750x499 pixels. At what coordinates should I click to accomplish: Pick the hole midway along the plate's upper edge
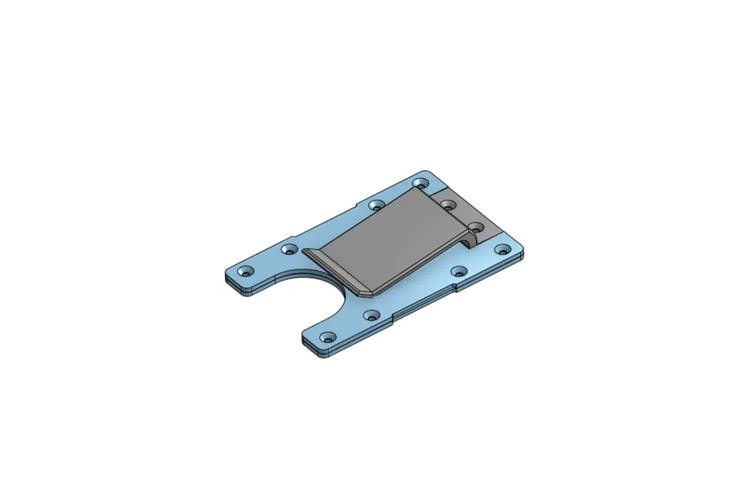coord(376,205)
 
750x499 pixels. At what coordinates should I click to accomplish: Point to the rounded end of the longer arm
coord(231,278)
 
